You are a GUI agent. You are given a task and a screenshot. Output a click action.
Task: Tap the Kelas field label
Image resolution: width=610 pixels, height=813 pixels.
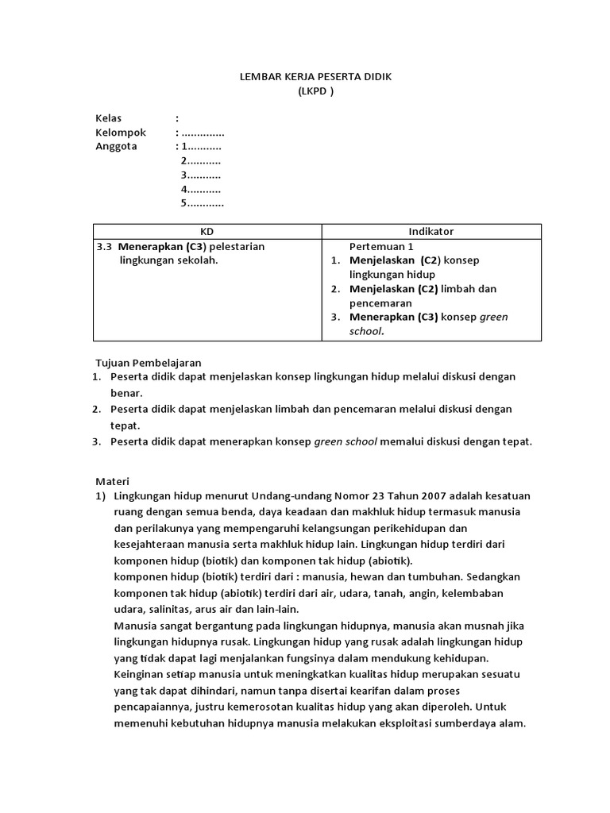pyautogui.click(x=109, y=118)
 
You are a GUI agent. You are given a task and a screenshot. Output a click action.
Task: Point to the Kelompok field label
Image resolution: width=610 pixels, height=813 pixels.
pyautogui.click(x=121, y=133)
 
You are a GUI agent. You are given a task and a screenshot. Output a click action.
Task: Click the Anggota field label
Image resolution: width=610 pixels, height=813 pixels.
pyautogui.click(x=116, y=147)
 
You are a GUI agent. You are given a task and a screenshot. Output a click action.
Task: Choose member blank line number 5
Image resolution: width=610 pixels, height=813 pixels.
pyautogui.click(x=203, y=203)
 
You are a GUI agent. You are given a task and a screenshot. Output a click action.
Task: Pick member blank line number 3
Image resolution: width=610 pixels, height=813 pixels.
pyautogui.click(x=201, y=175)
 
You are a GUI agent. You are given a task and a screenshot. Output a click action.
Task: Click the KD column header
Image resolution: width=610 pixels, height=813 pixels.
pyautogui.click(x=207, y=231)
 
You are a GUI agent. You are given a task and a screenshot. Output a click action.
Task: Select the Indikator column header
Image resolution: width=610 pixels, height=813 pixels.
pyautogui.click(x=431, y=231)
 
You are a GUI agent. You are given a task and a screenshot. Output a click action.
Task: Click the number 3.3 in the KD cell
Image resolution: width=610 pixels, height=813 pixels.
pyautogui.click(x=105, y=246)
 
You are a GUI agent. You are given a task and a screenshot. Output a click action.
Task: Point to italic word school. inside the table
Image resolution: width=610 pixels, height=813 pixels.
pyautogui.click(x=366, y=332)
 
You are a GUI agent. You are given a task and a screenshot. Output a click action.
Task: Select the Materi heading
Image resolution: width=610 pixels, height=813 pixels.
pyautogui.click(x=112, y=481)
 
